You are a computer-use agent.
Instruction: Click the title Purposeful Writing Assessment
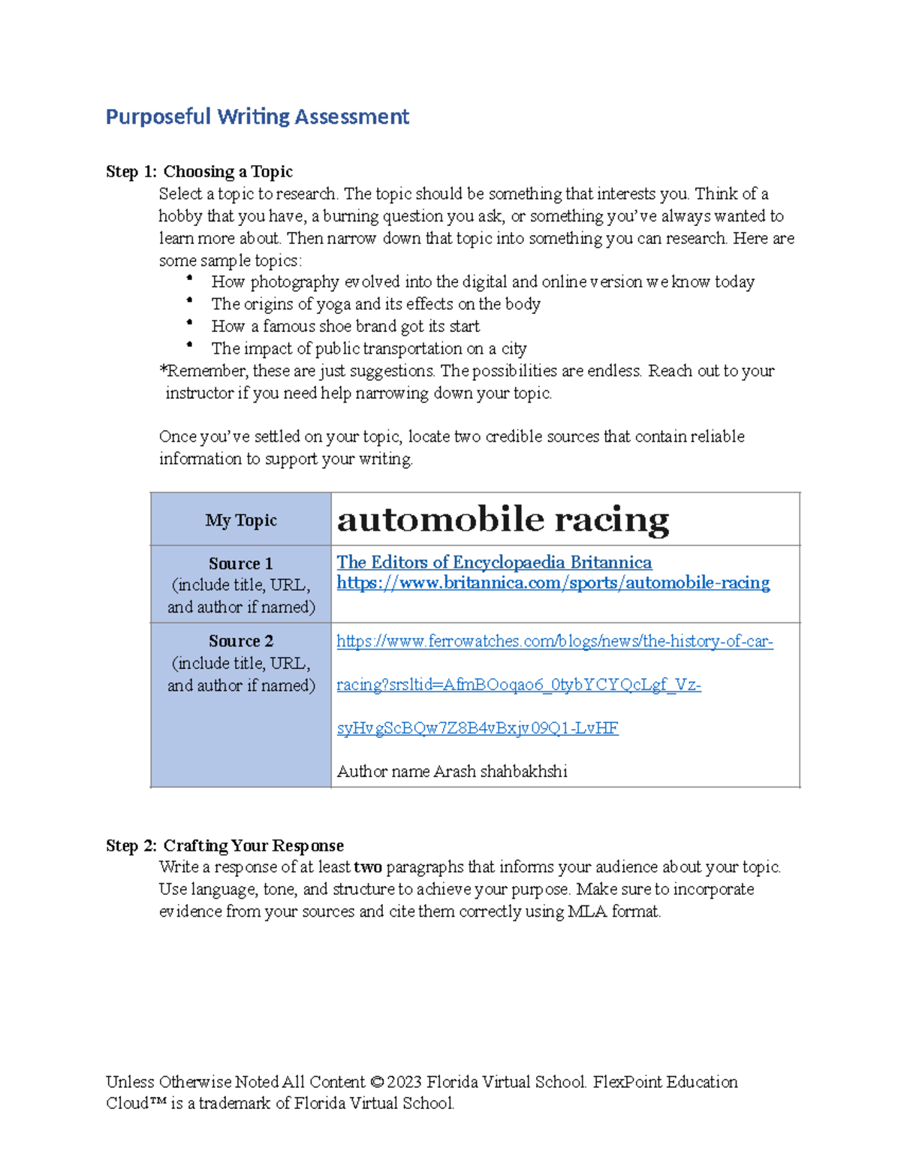(257, 116)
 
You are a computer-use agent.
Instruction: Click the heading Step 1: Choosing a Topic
(199, 171)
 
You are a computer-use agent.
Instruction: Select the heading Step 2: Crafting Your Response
(224, 845)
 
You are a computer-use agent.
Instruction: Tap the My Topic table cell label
(241, 520)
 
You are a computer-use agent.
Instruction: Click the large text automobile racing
(502, 520)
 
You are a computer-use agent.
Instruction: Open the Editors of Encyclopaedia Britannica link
(494, 562)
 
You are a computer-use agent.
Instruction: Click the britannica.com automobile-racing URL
(553, 583)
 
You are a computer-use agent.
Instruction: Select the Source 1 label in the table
(241, 563)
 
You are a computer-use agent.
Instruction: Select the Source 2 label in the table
(241, 641)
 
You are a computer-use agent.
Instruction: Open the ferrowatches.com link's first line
(554, 641)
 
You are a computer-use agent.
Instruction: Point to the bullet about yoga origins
(375, 304)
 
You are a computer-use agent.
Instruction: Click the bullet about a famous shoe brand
(345, 327)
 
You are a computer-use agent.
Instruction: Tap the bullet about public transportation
(369, 348)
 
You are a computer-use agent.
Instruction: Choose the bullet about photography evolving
(482, 282)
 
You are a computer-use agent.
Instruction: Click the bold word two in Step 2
(368, 867)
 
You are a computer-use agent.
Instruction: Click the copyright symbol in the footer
(377, 1082)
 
